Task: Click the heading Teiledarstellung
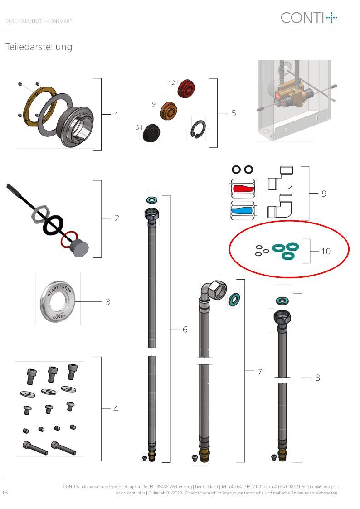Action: tap(39, 47)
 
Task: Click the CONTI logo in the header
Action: tap(309, 18)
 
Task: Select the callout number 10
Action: tap(326, 251)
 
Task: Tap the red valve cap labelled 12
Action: tap(186, 88)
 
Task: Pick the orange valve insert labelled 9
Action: tap(169, 111)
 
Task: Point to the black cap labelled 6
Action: tap(151, 132)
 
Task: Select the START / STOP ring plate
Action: tap(58, 301)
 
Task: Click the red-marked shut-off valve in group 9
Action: tap(242, 188)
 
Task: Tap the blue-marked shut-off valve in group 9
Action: tap(243, 210)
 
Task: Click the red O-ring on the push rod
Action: tap(69, 240)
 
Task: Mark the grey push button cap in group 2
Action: tap(80, 248)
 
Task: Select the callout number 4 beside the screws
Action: tap(116, 409)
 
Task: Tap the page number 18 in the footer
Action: tap(5, 492)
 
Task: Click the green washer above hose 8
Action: tap(283, 301)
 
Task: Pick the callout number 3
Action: tap(108, 302)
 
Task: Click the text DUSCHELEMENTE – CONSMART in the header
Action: tap(39, 21)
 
